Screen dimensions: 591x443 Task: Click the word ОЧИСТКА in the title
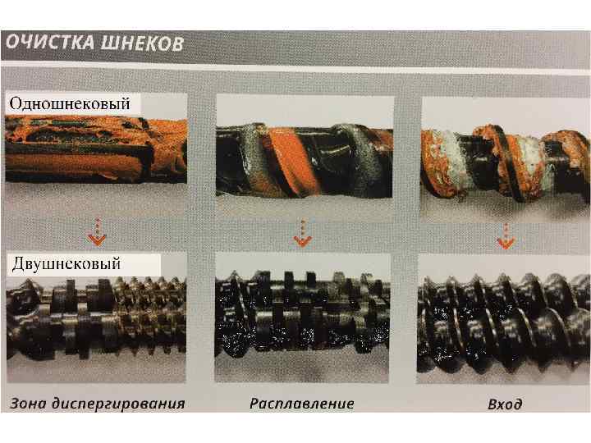click(50, 42)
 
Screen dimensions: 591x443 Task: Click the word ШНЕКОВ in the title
click(142, 43)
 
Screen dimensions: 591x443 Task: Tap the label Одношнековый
click(70, 103)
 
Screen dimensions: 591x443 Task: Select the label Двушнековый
click(66, 263)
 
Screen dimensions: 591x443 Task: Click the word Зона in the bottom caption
click(28, 404)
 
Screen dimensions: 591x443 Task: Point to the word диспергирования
click(118, 404)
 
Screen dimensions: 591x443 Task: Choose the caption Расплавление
click(301, 404)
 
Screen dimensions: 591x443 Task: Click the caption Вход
click(505, 404)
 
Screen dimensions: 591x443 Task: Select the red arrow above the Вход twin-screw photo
click(506, 235)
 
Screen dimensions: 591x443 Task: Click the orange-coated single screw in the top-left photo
click(96, 149)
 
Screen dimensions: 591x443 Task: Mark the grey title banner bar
click(295, 45)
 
